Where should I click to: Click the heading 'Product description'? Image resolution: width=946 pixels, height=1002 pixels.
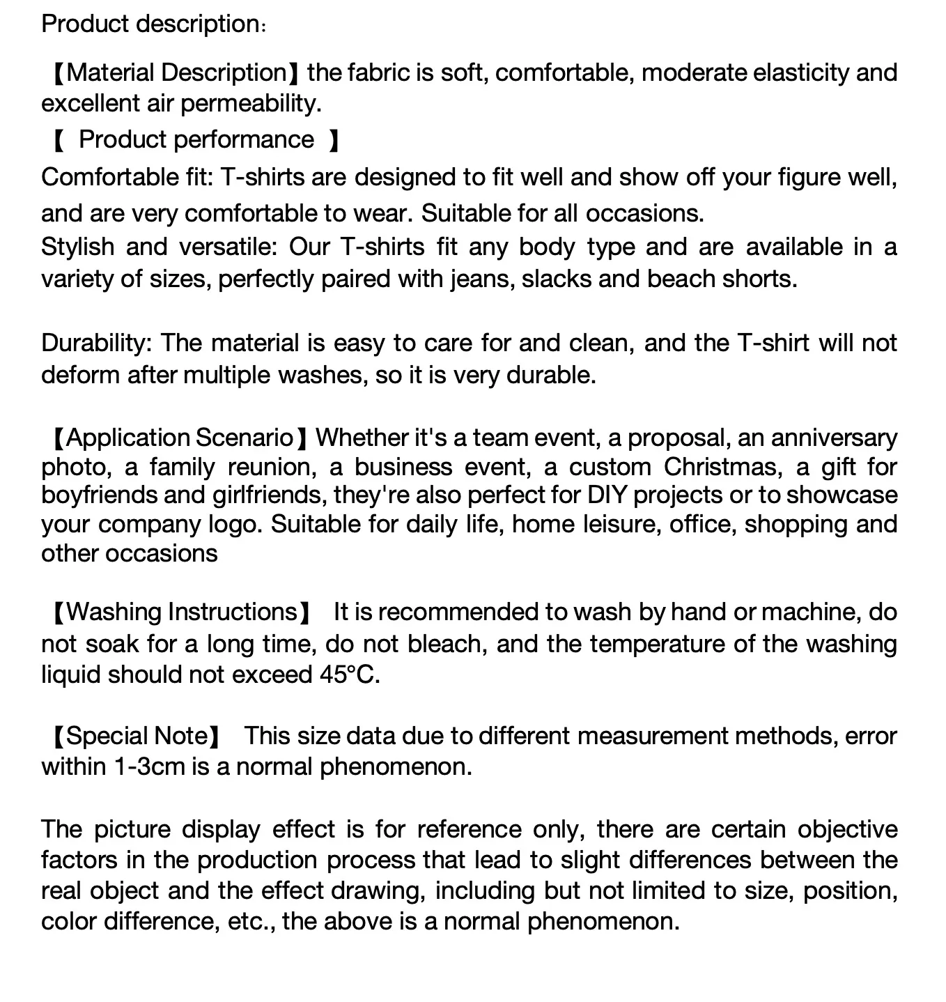[150, 24]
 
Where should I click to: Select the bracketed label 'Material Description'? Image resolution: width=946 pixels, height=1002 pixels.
[177, 72]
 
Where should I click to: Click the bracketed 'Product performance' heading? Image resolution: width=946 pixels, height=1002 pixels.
[196, 139]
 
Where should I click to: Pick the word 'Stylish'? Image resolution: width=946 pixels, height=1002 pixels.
[78, 247]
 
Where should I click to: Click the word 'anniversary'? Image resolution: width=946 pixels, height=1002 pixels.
[834, 438]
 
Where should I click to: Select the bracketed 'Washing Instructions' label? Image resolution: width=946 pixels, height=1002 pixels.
[183, 612]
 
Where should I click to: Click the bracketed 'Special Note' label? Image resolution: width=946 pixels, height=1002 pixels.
[137, 736]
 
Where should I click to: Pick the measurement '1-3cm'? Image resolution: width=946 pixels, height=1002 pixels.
[148, 766]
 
